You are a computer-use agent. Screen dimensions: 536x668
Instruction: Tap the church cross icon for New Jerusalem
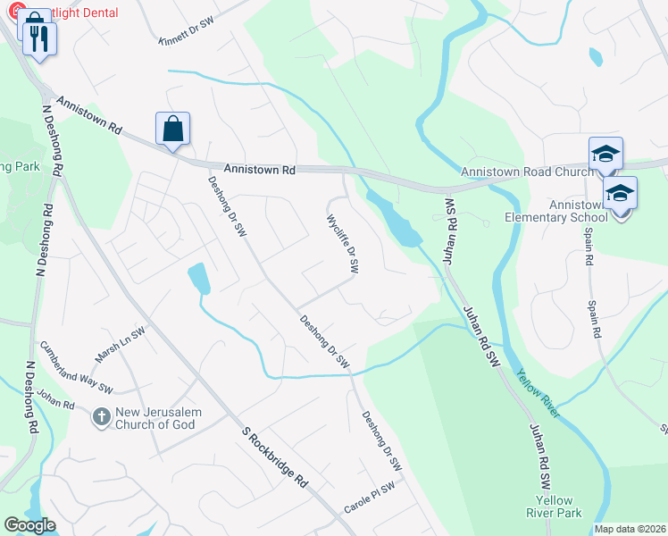[x=102, y=416]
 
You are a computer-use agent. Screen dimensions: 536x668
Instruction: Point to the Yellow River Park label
[x=559, y=507]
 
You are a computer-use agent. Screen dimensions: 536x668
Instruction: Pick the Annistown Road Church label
[x=527, y=172]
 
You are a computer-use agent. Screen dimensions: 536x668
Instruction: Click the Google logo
[x=29, y=525]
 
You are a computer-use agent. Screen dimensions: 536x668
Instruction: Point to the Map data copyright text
[x=630, y=529]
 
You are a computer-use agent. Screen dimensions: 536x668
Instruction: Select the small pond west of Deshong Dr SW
[x=199, y=278]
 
